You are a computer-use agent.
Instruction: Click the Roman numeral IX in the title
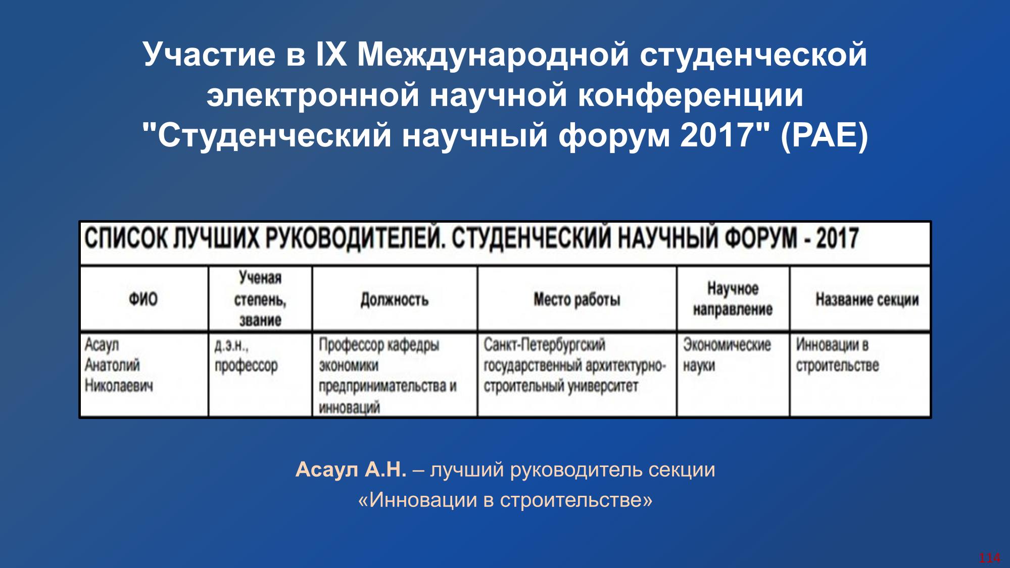tap(331, 54)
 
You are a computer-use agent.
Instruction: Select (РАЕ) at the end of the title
tap(824, 136)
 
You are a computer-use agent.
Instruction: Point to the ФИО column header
tap(143, 299)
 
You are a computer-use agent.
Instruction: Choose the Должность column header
tap(394, 300)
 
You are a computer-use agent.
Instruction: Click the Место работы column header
tap(576, 300)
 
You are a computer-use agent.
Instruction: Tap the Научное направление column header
tap(733, 299)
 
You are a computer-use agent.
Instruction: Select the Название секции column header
tap(867, 300)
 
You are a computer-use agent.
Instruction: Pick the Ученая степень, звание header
tap(260, 299)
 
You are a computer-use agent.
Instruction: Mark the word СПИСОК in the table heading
tap(126, 238)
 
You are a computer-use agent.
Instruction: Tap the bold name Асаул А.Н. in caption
tap(351, 470)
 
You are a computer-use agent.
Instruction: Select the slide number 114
tap(989, 558)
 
